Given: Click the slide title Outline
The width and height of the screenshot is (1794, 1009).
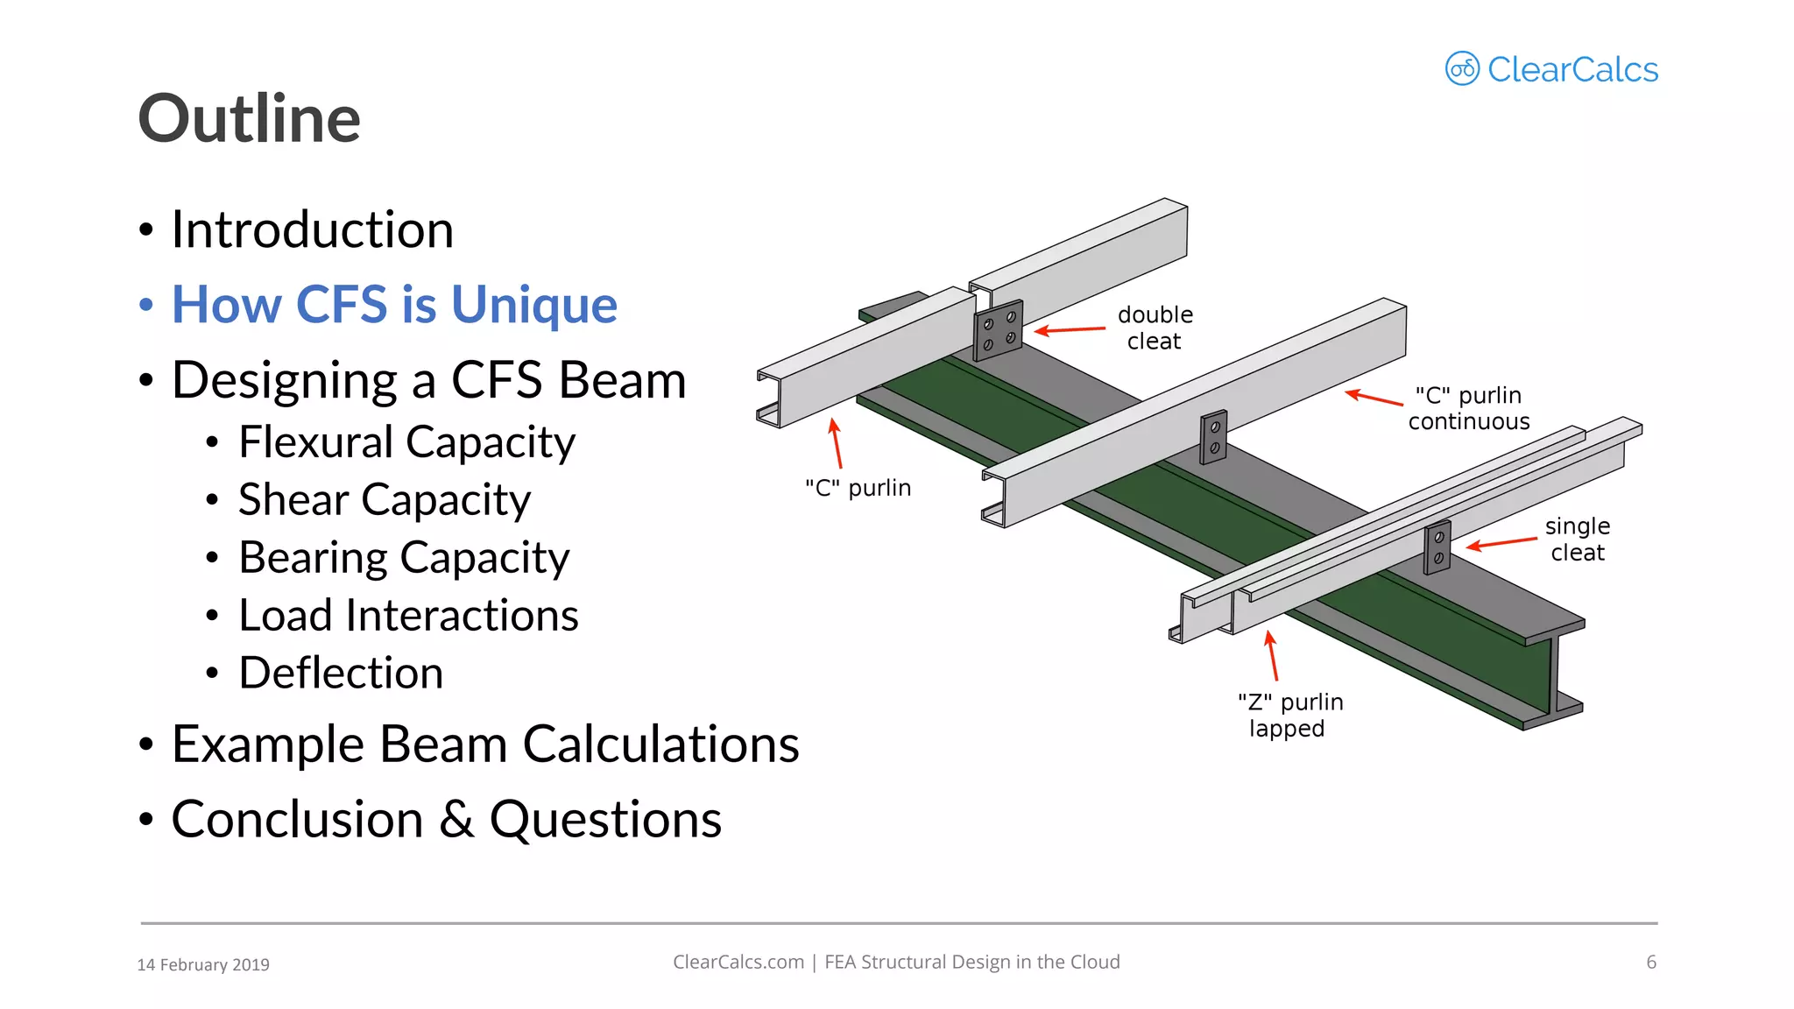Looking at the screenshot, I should click(x=250, y=119).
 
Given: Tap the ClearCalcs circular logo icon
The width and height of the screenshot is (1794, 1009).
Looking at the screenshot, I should click(x=1461, y=68).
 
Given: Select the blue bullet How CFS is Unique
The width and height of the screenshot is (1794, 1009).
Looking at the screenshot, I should click(x=394, y=305).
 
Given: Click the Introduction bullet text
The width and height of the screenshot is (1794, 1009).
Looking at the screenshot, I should click(x=312, y=229).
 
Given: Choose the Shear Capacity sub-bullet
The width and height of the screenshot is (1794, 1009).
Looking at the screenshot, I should click(x=384, y=500).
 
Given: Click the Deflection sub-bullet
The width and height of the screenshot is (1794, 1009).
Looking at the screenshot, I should click(x=341, y=674).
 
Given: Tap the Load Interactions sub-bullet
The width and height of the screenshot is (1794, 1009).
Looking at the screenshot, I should click(x=408, y=616).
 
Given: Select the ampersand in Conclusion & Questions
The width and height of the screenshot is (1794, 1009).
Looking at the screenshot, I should click(x=456, y=821).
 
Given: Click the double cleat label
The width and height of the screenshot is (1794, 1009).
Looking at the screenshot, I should click(x=1155, y=328).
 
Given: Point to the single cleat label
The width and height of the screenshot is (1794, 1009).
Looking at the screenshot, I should click(x=1577, y=539).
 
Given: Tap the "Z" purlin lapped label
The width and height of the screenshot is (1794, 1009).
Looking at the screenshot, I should click(x=1289, y=715).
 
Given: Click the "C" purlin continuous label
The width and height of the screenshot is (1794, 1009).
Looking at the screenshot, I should click(x=1468, y=408).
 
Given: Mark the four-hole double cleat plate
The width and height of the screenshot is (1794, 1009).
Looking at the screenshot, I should click(x=999, y=331).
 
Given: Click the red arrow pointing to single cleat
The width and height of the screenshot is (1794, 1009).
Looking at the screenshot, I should click(x=1501, y=544).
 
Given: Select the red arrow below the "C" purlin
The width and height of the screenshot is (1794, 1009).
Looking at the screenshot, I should click(x=837, y=443).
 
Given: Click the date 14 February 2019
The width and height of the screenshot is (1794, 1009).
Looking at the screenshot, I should click(x=203, y=964).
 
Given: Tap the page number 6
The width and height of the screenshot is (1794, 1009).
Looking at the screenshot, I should click(x=1651, y=962).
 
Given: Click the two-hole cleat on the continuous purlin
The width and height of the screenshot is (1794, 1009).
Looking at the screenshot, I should click(x=1213, y=437).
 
